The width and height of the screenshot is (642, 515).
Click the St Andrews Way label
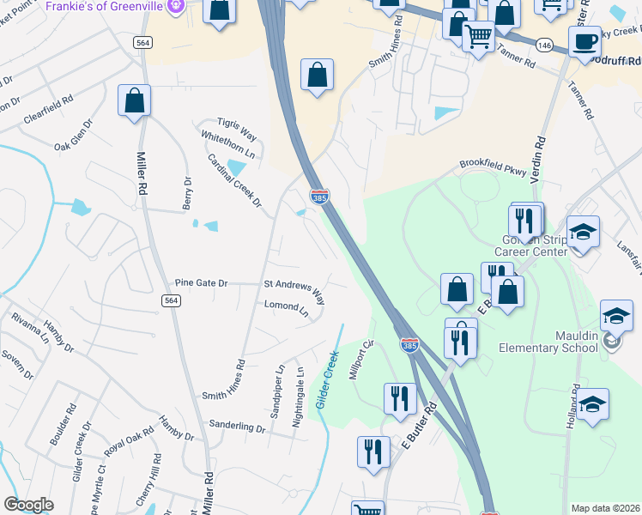point(294,290)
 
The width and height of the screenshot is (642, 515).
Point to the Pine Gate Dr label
point(201,282)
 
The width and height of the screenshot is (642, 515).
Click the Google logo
point(28,505)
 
